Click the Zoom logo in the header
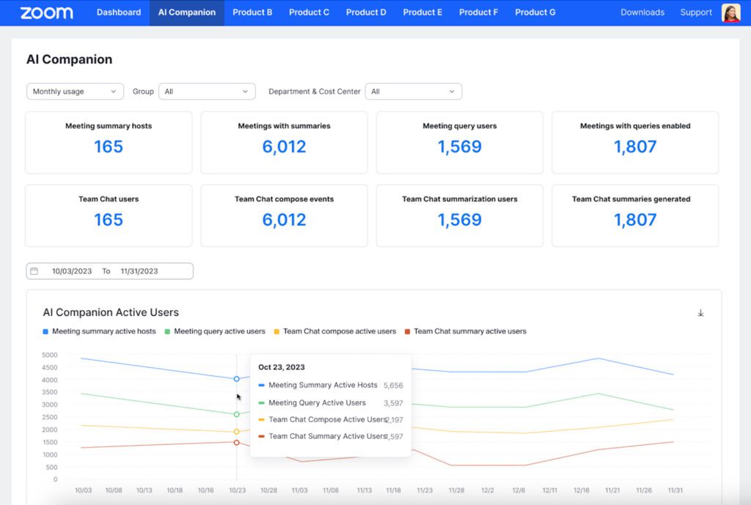coord(46,12)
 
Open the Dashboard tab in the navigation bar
coord(119,12)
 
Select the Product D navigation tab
coord(366,12)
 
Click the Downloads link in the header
coord(642,12)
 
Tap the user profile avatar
coord(731,13)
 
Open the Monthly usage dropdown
coord(75,92)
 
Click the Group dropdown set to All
coord(207,92)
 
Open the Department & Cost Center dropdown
coord(414,92)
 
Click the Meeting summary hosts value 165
coord(109,147)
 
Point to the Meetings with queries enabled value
coord(635,147)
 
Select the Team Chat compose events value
coord(284,220)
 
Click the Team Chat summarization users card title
coord(460,199)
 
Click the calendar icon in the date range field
coord(34,271)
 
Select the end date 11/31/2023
coord(139,271)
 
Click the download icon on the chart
coord(700,313)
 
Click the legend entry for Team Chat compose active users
coord(334,331)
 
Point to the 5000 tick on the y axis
coord(50,355)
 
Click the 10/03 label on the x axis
coord(84,490)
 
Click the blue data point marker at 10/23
coord(237,379)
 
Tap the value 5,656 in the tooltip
coord(393,386)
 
